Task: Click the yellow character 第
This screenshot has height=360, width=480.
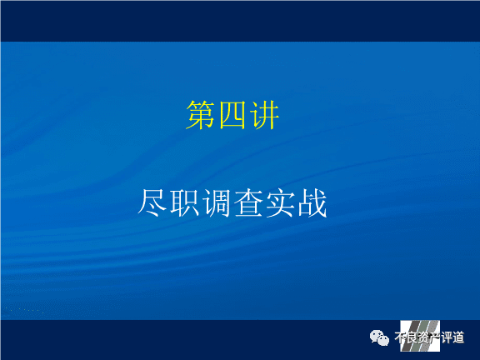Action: tap(201, 115)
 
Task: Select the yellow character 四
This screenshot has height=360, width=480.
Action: tap(232, 115)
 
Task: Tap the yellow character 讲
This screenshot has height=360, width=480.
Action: tap(264, 115)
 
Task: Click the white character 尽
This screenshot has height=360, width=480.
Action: tap(152, 203)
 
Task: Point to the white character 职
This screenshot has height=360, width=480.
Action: tap(185, 203)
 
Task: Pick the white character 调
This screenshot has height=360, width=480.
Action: tap(217, 203)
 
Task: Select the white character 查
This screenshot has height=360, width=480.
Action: tap(248, 203)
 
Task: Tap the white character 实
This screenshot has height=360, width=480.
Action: tap(280, 203)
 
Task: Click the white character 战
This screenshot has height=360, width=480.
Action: tap(312, 203)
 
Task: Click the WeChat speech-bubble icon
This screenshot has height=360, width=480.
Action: tap(379, 337)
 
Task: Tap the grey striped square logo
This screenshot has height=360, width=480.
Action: tap(420, 336)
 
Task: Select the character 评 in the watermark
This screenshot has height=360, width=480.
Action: tap(447, 337)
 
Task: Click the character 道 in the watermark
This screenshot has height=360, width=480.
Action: tap(458, 337)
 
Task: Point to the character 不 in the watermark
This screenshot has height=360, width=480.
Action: tap(400, 337)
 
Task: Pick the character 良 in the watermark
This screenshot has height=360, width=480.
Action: tap(412, 337)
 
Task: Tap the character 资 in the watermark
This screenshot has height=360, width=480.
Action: tap(423, 337)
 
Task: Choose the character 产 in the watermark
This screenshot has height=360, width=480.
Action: tap(435, 337)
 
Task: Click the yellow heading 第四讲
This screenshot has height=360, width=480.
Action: tap(232, 115)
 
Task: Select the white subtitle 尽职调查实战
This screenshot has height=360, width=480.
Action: tap(232, 203)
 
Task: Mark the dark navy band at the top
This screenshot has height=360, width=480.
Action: tap(240, 21)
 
